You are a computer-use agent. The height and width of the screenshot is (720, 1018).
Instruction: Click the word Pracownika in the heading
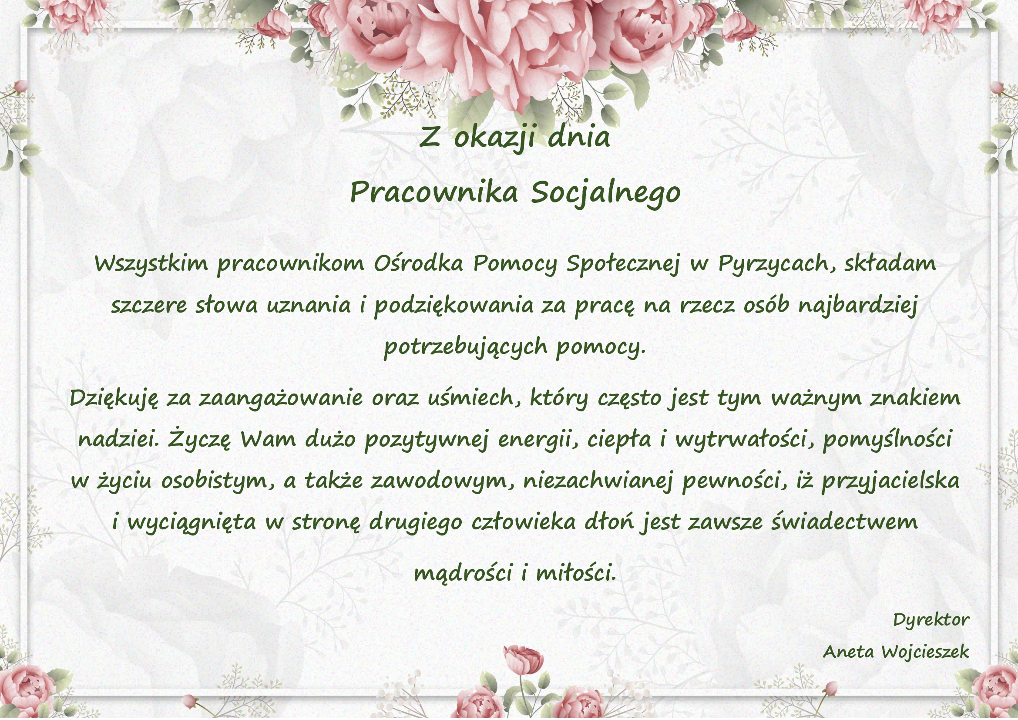(434, 192)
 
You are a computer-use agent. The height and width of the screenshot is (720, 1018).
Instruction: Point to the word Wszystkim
(151, 264)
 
